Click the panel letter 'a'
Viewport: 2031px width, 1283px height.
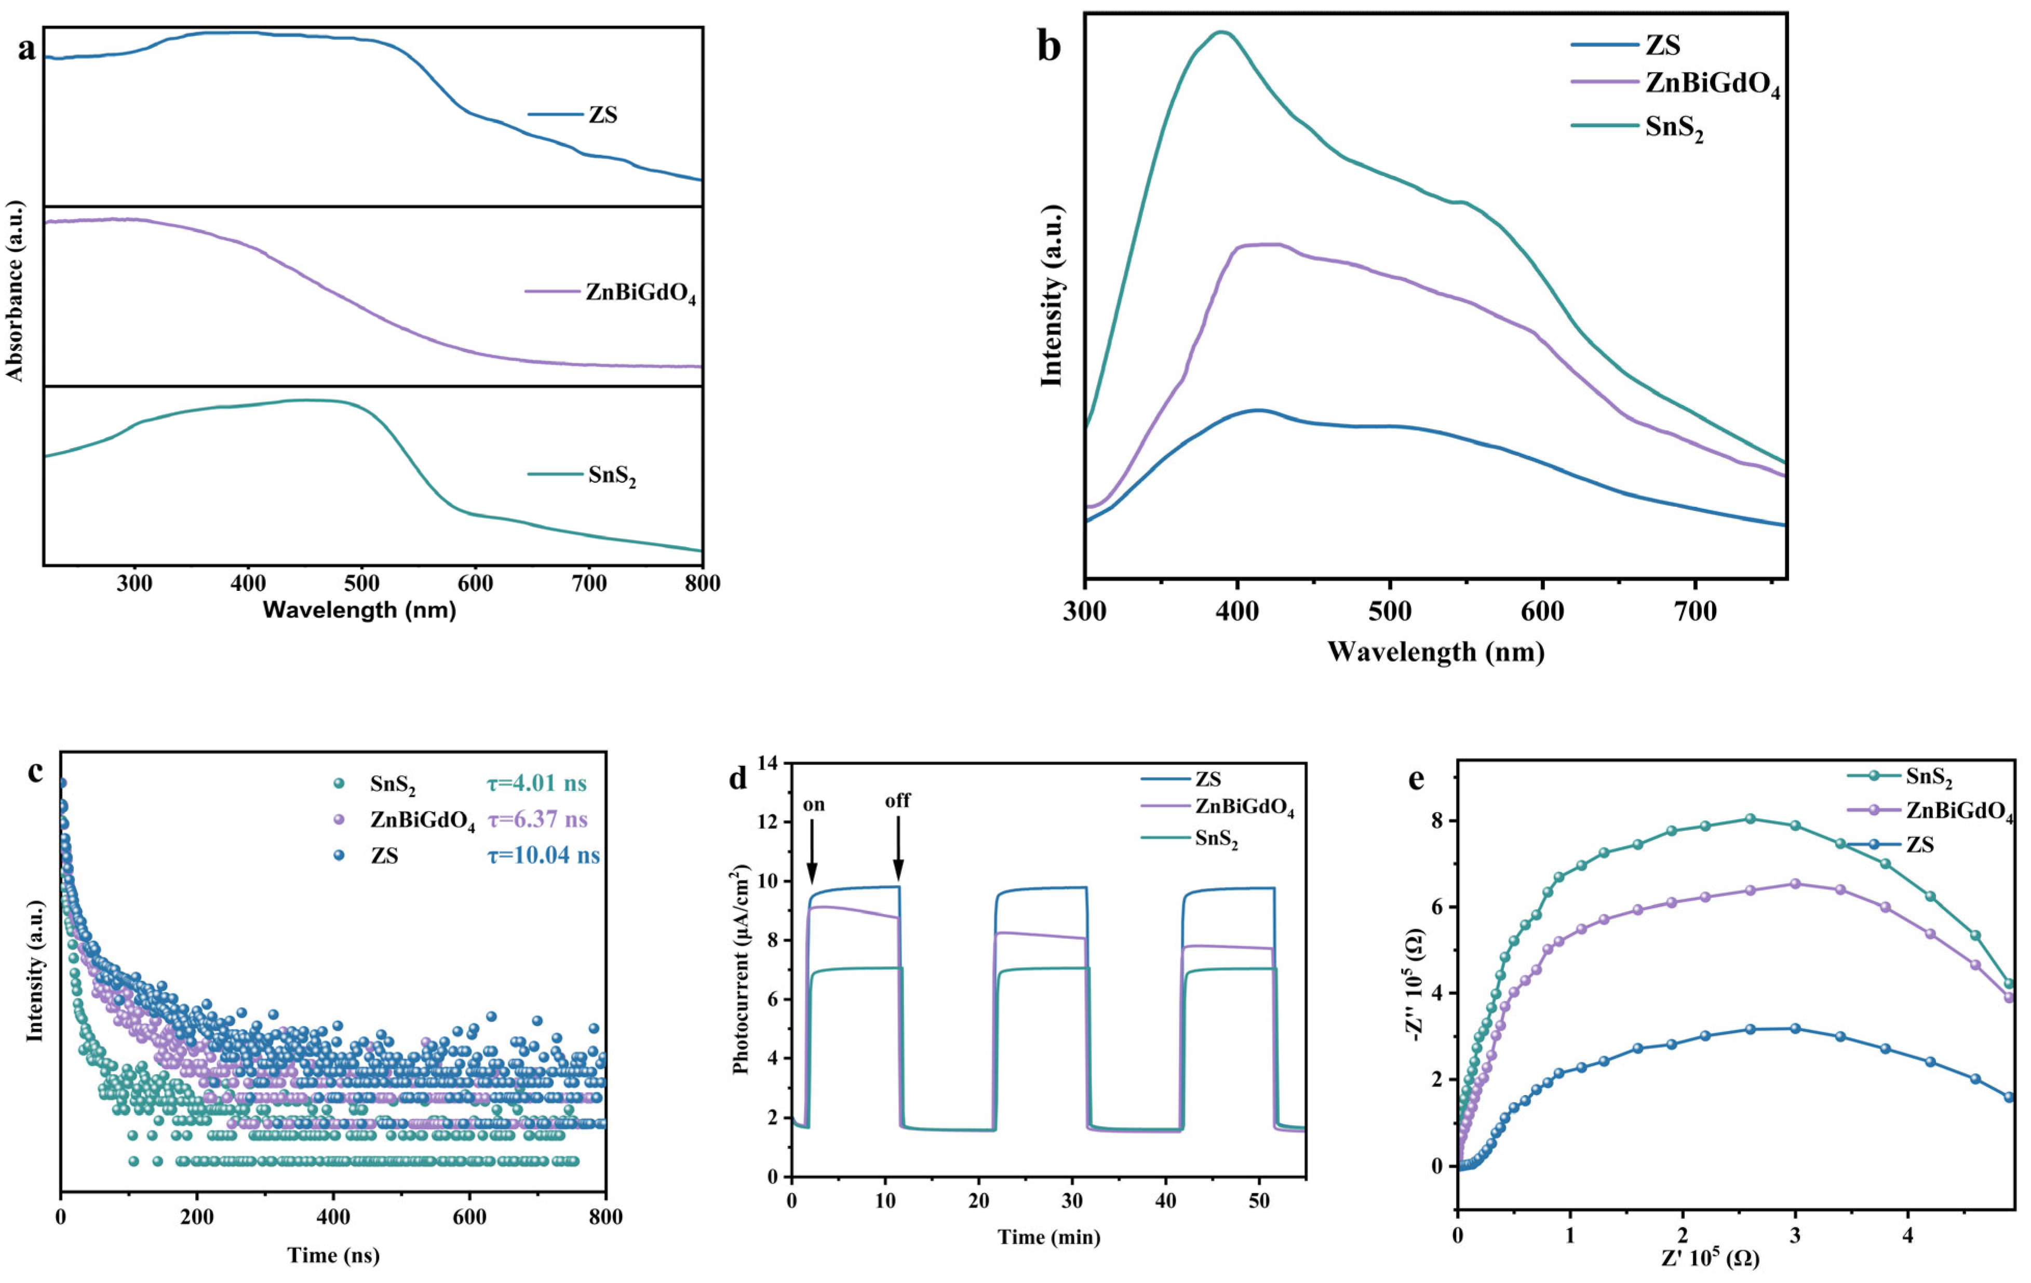pyautogui.click(x=27, y=49)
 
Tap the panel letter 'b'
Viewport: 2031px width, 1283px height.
pyautogui.click(x=1048, y=47)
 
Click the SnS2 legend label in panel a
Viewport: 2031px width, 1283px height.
pyautogui.click(x=612, y=476)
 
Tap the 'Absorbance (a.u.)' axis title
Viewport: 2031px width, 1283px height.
pyautogui.click(x=15, y=291)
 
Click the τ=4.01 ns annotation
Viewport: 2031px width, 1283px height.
pyautogui.click(x=536, y=784)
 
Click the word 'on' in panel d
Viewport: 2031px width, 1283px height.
pyautogui.click(x=813, y=804)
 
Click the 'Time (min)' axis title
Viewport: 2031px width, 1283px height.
pyautogui.click(x=1048, y=1237)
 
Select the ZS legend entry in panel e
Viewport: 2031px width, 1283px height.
pyautogui.click(x=1920, y=844)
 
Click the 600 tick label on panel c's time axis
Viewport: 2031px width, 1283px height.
pyautogui.click(x=470, y=1217)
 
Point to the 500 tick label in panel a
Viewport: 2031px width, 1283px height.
pyautogui.click(x=362, y=583)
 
